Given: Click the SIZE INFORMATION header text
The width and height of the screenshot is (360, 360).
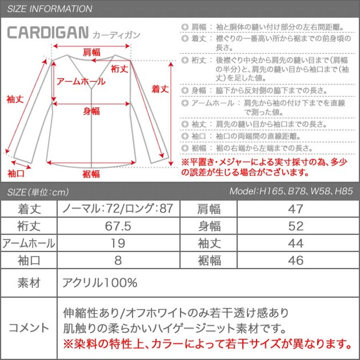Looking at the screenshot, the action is click(50, 9).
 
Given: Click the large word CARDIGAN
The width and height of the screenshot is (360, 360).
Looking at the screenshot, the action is click(48, 32).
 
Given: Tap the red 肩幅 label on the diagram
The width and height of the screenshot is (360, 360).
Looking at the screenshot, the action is click(92, 52).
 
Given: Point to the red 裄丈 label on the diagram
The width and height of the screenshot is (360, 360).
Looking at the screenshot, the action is click(119, 69).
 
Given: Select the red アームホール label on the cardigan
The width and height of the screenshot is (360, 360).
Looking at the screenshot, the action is click(81, 82).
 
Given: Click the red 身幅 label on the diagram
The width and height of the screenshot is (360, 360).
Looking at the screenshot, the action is click(91, 111).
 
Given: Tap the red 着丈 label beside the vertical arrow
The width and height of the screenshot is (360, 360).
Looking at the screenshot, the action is click(160, 89).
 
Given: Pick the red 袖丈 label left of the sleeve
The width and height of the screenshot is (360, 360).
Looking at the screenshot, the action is click(15, 100).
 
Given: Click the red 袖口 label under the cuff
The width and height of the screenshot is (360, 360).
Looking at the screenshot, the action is click(16, 174).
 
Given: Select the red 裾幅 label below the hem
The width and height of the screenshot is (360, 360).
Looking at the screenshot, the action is click(91, 174).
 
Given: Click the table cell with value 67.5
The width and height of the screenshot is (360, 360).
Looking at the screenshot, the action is click(118, 226).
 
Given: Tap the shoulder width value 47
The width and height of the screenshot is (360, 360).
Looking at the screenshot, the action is click(296, 209).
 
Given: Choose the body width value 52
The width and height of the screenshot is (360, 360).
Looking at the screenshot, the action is click(296, 226).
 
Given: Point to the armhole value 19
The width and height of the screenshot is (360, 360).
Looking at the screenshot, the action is click(118, 243).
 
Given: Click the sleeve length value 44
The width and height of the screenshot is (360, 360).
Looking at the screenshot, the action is click(296, 243).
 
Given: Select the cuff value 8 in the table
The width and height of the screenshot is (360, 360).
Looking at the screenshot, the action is click(118, 260).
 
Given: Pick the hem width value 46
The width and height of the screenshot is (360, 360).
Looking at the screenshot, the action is click(296, 260).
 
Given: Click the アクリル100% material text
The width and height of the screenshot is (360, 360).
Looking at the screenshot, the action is click(100, 283).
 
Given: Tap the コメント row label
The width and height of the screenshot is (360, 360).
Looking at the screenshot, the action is click(29, 328).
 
